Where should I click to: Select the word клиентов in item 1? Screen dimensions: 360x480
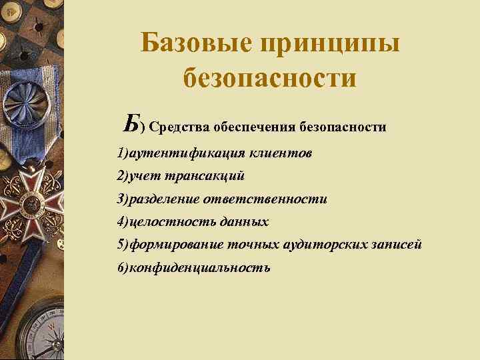(x=281, y=154)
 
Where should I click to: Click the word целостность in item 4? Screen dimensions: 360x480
(x=166, y=222)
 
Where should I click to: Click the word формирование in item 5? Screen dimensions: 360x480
(x=171, y=245)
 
